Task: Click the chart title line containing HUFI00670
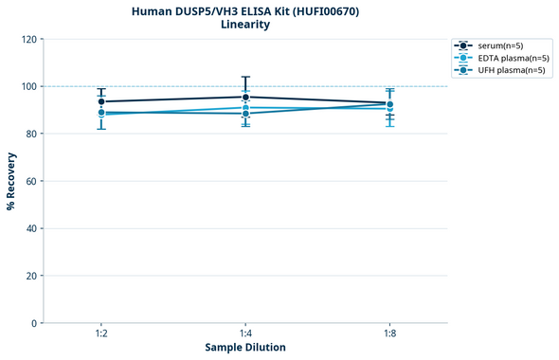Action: (x=245, y=10)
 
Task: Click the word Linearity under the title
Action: (x=245, y=25)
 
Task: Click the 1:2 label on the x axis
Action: (x=101, y=334)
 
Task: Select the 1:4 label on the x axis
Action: (x=245, y=334)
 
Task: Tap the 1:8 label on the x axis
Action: (x=389, y=334)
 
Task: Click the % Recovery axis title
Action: (x=11, y=181)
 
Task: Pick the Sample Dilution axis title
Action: (x=245, y=348)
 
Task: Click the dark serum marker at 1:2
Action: (x=101, y=101)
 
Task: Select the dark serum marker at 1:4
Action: (x=245, y=97)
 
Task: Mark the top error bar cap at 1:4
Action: (x=245, y=77)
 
